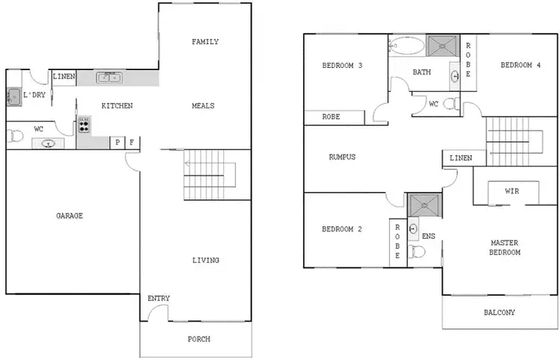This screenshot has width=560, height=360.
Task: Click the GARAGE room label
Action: [x=69, y=216]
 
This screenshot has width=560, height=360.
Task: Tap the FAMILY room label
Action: [x=205, y=42]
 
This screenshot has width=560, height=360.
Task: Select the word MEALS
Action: [x=202, y=106]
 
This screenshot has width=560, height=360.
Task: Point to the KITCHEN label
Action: [x=117, y=106]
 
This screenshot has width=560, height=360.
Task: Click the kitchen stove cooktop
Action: [x=84, y=125]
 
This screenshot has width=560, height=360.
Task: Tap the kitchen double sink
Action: [x=110, y=76]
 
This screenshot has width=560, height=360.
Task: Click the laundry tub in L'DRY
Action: [x=13, y=96]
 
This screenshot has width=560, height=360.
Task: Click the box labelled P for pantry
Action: [x=117, y=142]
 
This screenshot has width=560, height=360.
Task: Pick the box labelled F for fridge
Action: [x=132, y=142]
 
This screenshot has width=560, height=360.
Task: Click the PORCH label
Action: [x=199, y=339]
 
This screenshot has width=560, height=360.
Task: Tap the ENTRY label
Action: [x=158, y=299]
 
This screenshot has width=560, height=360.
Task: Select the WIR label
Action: [x=511, y=192]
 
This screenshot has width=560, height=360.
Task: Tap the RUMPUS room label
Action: [x=342, y=158]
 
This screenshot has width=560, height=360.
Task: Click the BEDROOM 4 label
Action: [x=520, y=66]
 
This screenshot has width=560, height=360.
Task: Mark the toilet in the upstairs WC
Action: [x=450, y=104]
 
